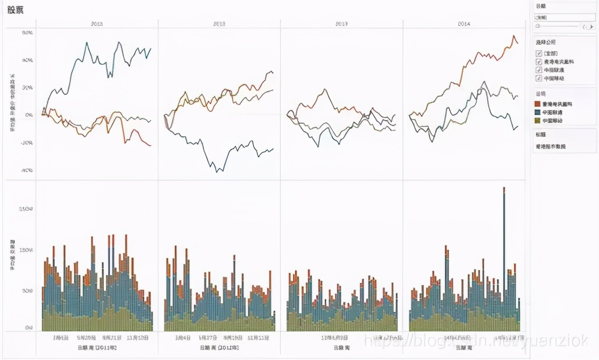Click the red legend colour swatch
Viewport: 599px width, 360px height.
pos(538,103)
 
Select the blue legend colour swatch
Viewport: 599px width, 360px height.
pos(538,112)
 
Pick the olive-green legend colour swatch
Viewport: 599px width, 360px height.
pos(538,120)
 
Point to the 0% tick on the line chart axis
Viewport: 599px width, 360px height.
pos(28,115)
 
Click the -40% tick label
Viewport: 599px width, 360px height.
pos(27,170)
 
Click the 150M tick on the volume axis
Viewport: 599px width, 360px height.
pos(26,250)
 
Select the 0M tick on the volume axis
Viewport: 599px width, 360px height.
pos(29,328)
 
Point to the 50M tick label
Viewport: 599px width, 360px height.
pos(28,291)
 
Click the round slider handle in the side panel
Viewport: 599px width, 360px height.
pos(537,26)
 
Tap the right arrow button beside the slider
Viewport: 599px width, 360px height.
pos(590,26)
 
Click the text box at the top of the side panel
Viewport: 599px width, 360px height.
pos(564,17)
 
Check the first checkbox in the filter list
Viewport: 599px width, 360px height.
pos(538,53)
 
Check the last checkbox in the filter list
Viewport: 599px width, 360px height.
pos(538,78)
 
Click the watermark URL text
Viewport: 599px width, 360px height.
pos(476,341)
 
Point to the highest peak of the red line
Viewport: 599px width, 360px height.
pos(514,36)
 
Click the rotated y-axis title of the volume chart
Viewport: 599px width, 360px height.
pos(12,254)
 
